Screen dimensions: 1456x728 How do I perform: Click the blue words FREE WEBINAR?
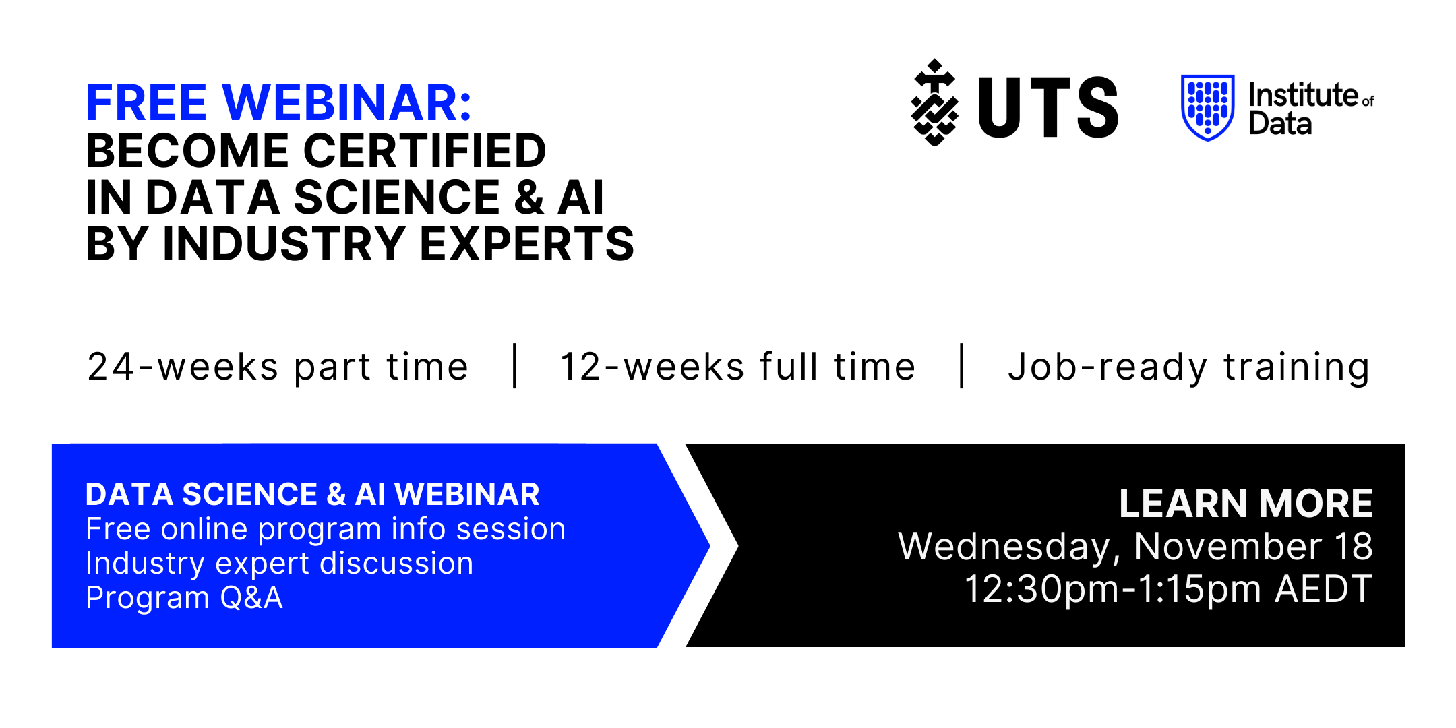278,103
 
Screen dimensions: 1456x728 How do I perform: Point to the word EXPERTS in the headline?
527,243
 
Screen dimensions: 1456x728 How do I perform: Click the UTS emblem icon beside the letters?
935,102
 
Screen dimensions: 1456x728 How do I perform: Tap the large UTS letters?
1048,107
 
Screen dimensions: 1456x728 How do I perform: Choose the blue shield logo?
1208,107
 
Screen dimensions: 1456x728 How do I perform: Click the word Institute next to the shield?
1303,95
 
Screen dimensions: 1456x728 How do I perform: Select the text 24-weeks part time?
278,367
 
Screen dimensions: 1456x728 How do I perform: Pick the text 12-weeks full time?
738,367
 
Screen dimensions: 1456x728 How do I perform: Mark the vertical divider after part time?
515,366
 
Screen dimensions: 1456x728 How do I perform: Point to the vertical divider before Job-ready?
962,366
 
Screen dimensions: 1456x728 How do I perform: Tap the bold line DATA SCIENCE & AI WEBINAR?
313,494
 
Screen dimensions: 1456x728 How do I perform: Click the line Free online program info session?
326,529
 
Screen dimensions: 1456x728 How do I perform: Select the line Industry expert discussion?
280,564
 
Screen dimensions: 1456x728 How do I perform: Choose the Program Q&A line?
184,598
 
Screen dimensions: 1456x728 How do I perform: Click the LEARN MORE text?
1246,503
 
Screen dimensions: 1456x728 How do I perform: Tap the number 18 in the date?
1354,546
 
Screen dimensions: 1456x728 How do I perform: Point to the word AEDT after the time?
1324,589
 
